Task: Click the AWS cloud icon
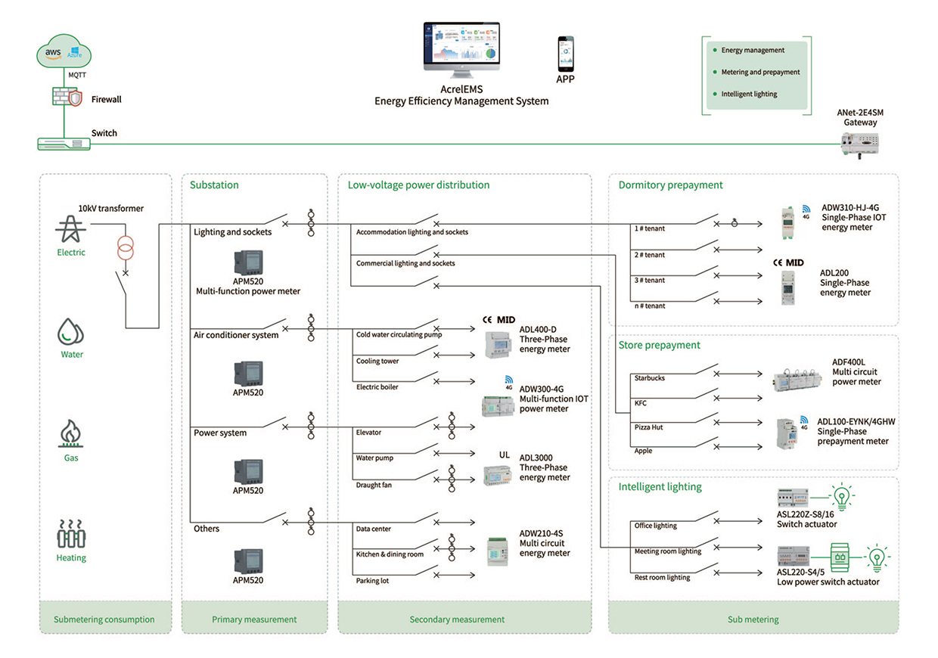(x=64, y=51)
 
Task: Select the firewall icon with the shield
(x=67, y=97)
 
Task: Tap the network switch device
(x=64, y=144)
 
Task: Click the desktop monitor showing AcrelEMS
(x=461, y=49)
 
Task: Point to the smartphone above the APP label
(x=565, y=54)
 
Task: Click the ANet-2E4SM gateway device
(x=860, y=144)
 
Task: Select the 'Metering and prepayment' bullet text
(x=760, y=72)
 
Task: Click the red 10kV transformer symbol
(x=126, y=247)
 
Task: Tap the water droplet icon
(x=70, y=331)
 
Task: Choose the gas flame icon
(x=71, y=433)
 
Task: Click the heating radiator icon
(x=71, y=534)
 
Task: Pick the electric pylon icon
(x=71, y=228)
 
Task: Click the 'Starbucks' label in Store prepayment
(x=650, y=378)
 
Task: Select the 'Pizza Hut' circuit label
(x=648, y=427)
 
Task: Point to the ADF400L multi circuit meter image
(x=797, y=379)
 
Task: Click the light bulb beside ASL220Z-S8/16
(x=842, y=496)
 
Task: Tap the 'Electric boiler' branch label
(x=377, y=386)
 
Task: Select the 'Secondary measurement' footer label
(x=457, y=619)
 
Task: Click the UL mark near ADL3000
(x=504, y=455)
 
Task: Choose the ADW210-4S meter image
(x=498, y=551)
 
